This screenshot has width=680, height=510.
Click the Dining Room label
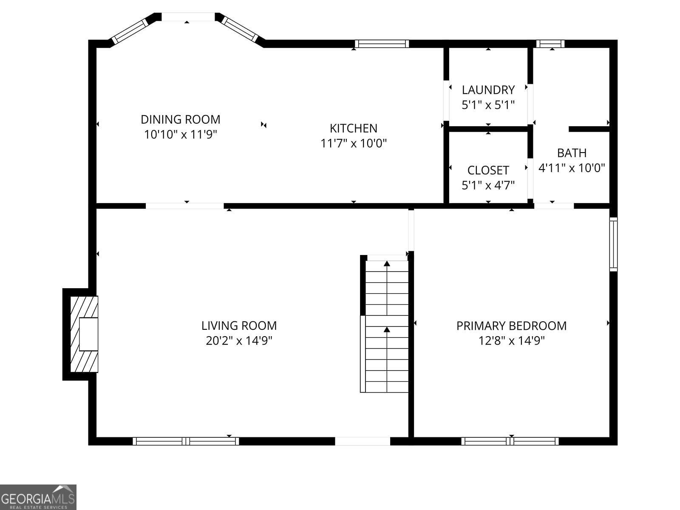coord(180,119)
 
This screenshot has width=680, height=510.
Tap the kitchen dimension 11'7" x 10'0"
coord(353,143)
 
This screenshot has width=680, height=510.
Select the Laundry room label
coord(488,90)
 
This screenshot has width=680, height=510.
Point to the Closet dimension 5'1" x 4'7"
coord(488,185)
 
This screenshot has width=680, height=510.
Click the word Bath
coord(572,153)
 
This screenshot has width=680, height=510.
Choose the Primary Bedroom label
coord(511,326)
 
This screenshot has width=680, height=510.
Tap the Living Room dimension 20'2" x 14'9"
coord(239,341)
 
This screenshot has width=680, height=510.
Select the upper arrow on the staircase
coord(387,264)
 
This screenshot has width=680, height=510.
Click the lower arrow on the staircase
coord(387,329)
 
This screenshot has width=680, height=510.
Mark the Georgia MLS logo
coord(38,497)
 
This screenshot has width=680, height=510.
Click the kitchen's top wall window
coord(382,44)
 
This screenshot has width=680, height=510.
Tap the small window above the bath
coord(550,44)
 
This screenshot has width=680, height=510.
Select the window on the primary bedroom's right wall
coord(613,244)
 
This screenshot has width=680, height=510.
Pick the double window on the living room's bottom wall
coord(186,441)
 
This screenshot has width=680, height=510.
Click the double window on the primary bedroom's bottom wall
coord(510,441)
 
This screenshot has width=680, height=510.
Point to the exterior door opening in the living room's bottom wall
coord(363,441)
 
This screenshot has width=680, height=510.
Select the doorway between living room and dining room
coord(184,206)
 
